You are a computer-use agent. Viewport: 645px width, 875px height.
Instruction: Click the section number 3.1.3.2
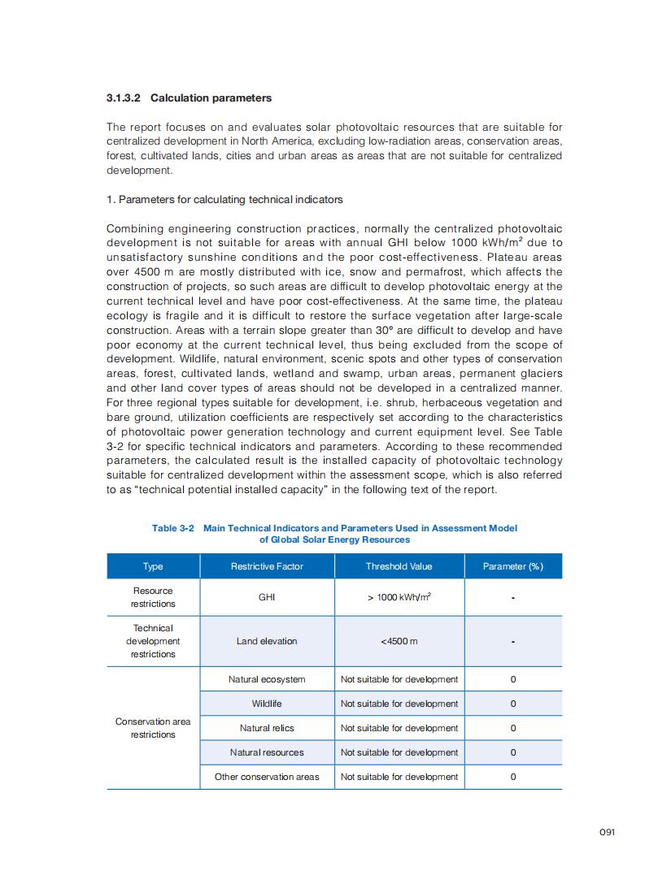124,98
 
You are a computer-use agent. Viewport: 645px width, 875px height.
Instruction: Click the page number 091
607,832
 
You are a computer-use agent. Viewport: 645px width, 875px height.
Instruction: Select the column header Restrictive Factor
267,566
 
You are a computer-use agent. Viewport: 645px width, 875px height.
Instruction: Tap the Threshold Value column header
399,566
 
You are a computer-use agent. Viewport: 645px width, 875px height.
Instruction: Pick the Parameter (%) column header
512,566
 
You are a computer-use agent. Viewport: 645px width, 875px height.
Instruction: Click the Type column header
153,566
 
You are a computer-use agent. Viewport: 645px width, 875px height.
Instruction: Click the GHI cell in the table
267,597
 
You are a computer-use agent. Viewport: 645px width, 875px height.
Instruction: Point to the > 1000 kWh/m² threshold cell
399,597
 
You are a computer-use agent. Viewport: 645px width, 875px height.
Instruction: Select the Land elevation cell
267,641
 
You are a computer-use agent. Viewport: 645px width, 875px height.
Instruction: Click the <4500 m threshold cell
399,641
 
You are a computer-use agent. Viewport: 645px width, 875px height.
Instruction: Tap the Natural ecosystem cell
267,679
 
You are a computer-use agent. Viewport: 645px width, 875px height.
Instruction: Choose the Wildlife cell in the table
267,704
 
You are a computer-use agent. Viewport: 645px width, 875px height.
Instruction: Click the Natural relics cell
267,728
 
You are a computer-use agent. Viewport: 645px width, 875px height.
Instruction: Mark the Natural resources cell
267,752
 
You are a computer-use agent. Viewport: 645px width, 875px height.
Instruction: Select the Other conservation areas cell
267,777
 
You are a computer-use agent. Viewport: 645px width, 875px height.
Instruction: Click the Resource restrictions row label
153,597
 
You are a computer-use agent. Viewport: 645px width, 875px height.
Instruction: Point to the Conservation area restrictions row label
153,728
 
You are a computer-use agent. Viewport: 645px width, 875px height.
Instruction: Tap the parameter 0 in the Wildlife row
512,704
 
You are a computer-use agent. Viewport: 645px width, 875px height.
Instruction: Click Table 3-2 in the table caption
173,528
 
